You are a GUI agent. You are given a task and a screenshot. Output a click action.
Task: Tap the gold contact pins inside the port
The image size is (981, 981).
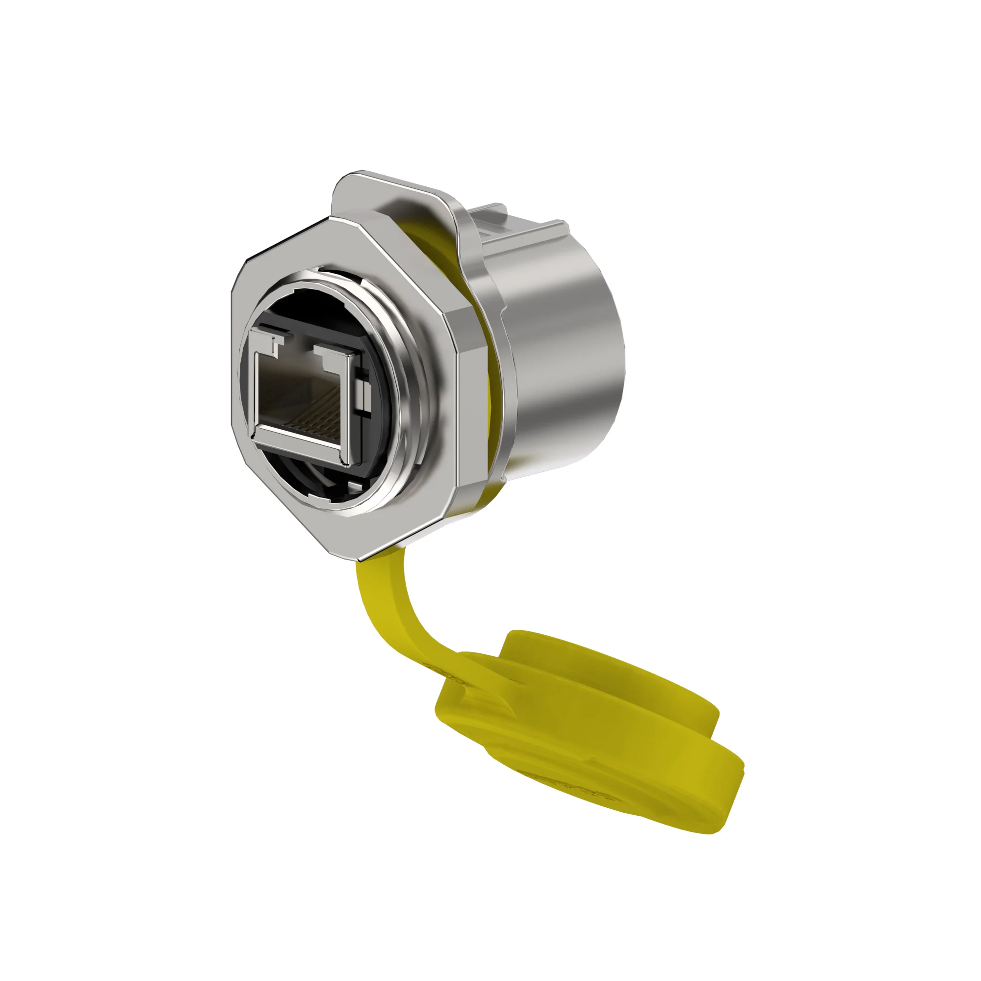pyautogui.click(x=315, y=421)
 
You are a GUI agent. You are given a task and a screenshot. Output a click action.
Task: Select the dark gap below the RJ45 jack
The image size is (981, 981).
pyautogui.click(x=315, y=482)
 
